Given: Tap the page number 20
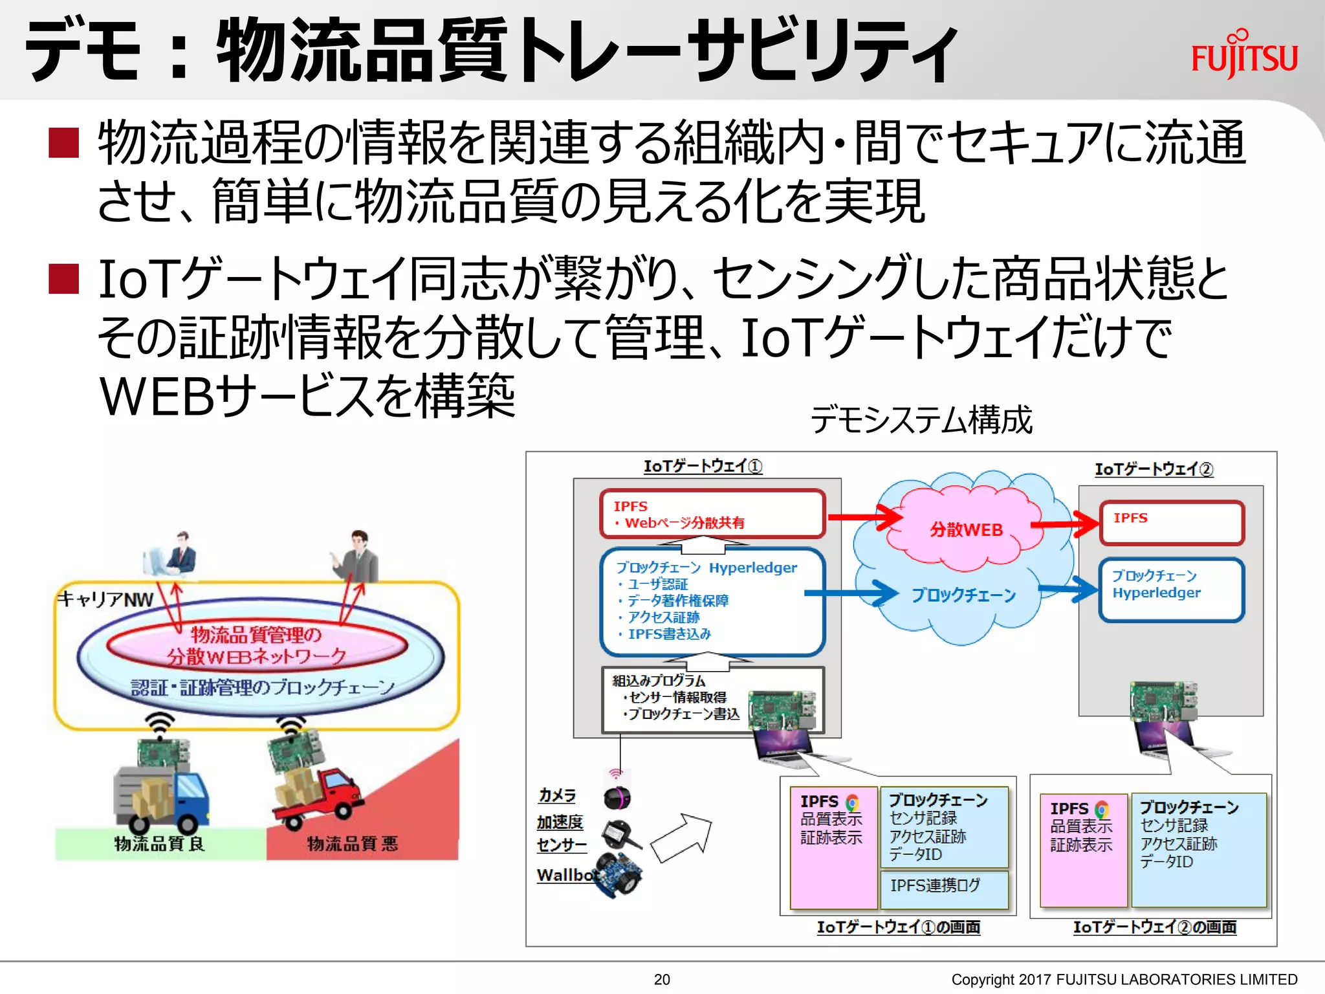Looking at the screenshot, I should (x=661, y=979).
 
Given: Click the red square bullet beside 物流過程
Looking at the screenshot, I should (x=63, y=143).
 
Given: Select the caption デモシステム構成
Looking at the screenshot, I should (x=921, y=420).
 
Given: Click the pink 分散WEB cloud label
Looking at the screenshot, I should (x=965, y=530).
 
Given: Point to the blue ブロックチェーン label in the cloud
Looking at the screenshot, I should (x=963, y=595).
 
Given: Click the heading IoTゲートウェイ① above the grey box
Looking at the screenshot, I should (x=703, y=466).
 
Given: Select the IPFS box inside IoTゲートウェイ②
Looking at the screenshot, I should (x=1171, y=522).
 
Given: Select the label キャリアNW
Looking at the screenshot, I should (x=105, y=599).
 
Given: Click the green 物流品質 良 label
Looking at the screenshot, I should (x=159, y=843).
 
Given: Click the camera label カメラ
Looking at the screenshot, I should (x=556, y=795).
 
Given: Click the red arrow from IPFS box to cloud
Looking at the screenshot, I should (x=864, y=516).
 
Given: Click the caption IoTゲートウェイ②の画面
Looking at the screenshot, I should (x=1154, y=927).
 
